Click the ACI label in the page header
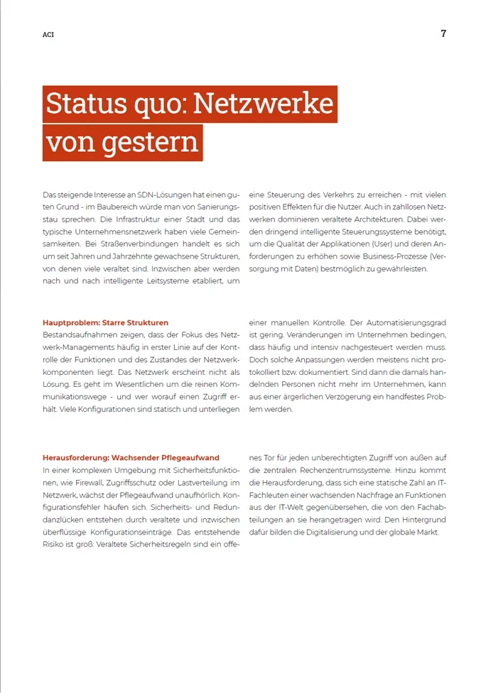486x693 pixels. [x=48, y=35]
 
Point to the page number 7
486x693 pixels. [x=443, y=33]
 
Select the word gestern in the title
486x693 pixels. [x=150, y=142]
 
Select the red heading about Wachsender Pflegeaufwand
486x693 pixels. [x=131, y=458]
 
